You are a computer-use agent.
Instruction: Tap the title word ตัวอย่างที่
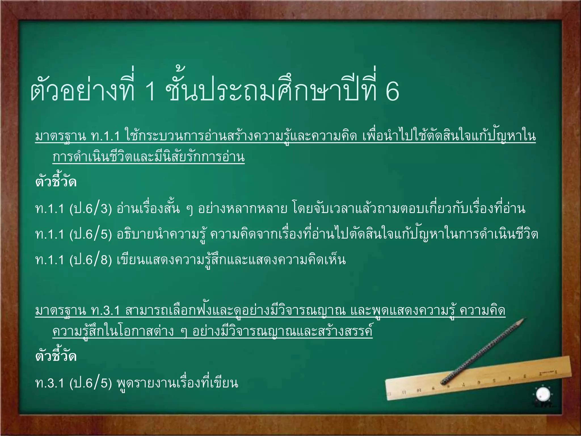click(x=82, y=89)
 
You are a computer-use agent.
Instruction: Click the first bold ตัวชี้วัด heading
click(x=56, y=182)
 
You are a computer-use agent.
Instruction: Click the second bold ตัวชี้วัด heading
click(x=56, y=356)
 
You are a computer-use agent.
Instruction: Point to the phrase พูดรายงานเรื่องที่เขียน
click(x=177, y=383)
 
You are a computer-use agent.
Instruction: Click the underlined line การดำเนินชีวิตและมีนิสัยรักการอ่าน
click(x=148, y=157)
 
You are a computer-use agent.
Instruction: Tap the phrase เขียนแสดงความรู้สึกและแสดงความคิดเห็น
click(x=231, y=260)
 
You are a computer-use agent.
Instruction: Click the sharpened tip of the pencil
click(x=523, y=320)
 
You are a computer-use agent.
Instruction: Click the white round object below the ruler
click(x=543, y=394)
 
